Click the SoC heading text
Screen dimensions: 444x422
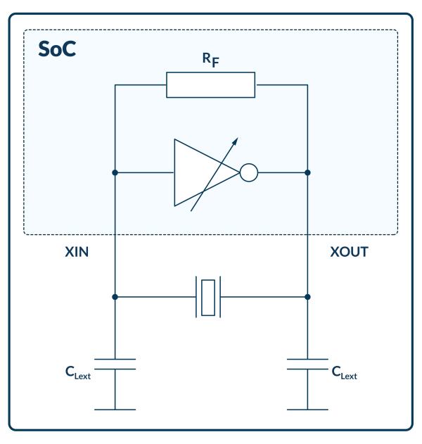pos(56,51)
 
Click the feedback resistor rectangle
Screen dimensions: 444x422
pos(210,84)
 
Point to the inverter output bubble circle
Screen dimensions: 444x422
pos(249,172)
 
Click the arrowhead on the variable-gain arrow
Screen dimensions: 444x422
pos(235,140)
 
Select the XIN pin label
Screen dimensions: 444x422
pos(77,252)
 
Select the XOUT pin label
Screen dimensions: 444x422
pos(349,252)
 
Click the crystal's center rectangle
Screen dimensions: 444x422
pos(207,297)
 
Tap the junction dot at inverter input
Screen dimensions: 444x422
pos(115,172)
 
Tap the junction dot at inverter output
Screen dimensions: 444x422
pos(307,172)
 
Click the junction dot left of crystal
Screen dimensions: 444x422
pos(115,297)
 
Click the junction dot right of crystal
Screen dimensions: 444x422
pos(307,297)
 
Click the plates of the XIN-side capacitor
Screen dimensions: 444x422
pos(115,364)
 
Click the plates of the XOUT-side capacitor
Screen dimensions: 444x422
pos(307,364)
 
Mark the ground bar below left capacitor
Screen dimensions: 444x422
pos(115,409)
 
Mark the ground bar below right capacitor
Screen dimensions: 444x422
pos(307,409)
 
